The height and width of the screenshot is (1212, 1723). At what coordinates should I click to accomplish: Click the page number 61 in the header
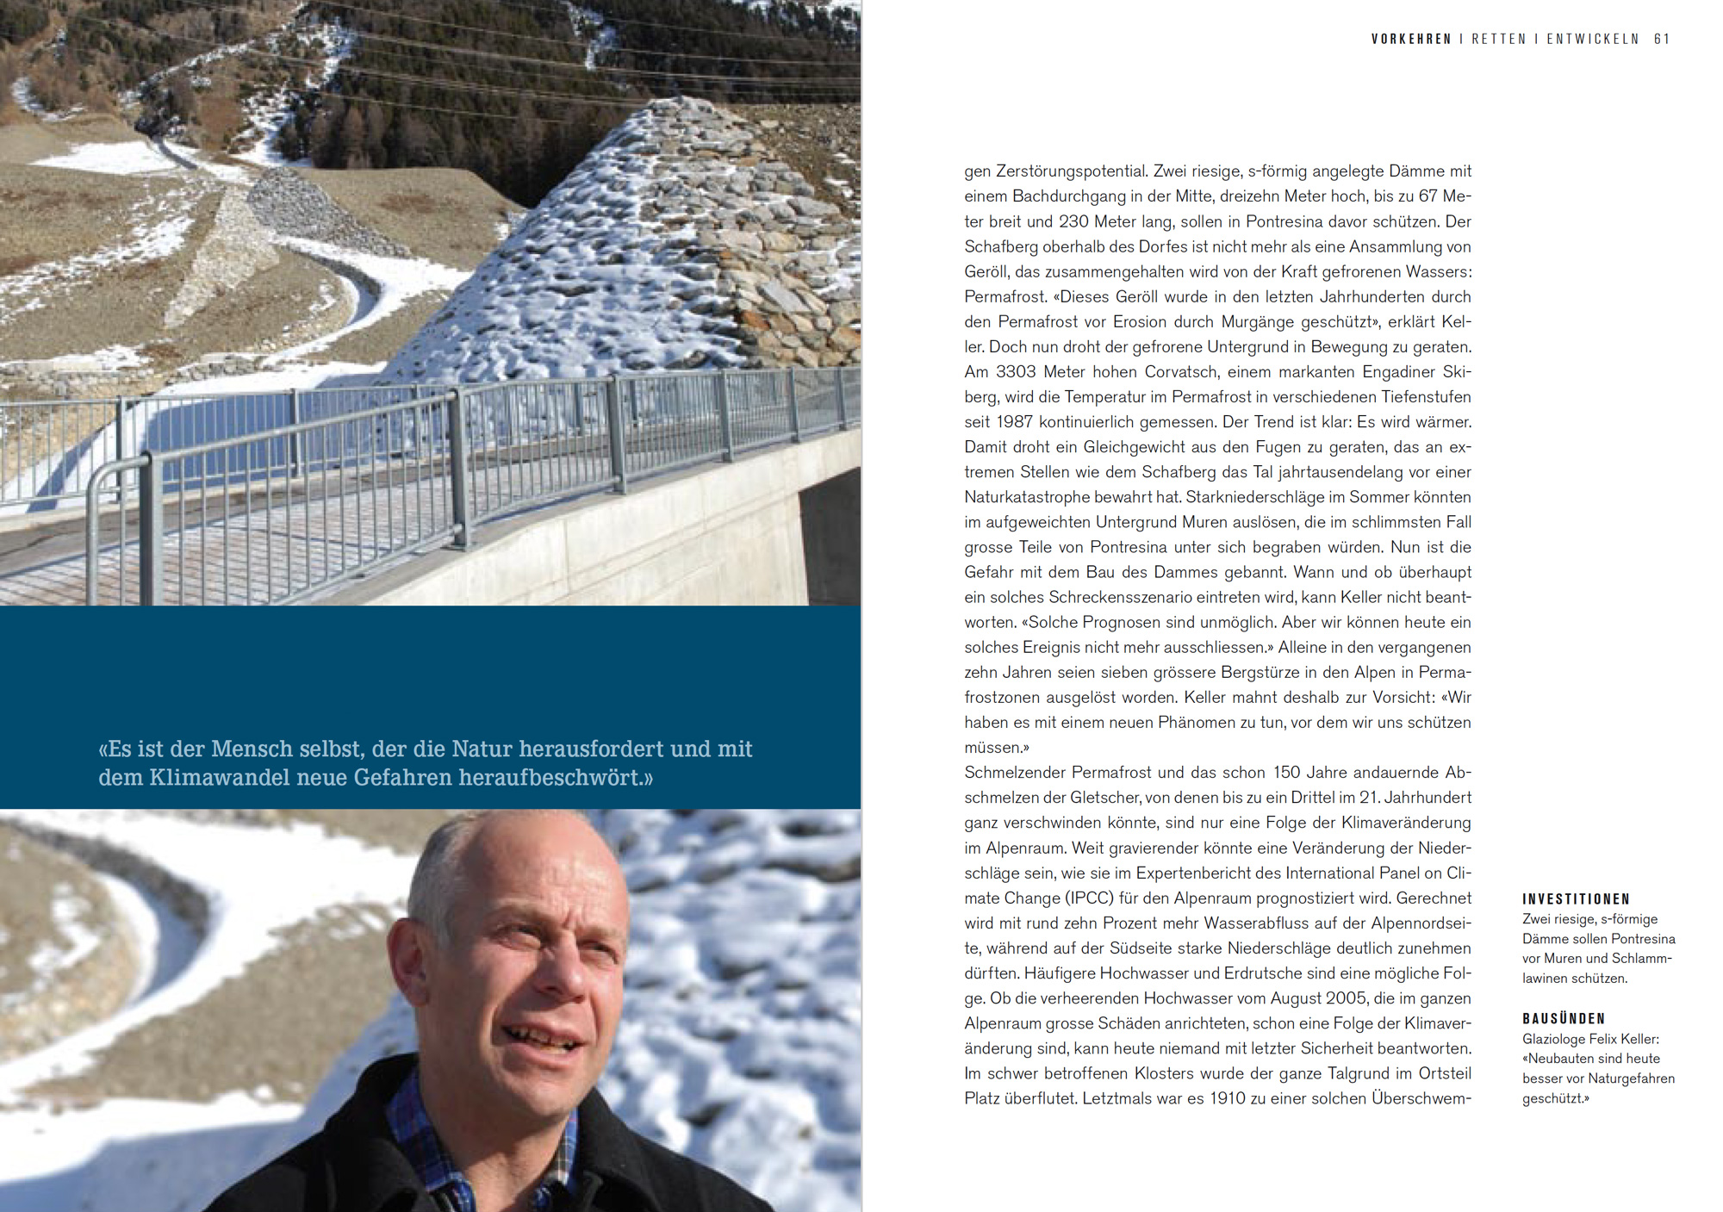(1662, 39)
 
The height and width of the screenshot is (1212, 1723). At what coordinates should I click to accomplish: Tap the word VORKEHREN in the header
(1411, 39)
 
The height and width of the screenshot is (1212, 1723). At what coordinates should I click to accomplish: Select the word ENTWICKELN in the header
(1593, 39)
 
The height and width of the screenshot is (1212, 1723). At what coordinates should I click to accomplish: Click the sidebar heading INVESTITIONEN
(1576, 898)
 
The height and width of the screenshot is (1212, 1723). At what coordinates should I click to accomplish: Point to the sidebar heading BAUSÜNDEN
(1564, 1018)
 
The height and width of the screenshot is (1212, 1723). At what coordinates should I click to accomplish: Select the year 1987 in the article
(1014, 422)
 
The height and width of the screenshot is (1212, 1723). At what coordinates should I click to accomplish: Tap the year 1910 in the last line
(1228, 1098)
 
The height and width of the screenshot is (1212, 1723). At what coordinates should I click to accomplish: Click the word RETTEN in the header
(1498, 39)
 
